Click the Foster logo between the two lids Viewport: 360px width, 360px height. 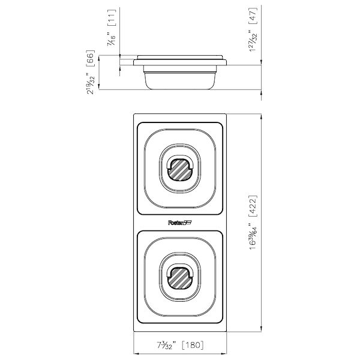pos(180,223)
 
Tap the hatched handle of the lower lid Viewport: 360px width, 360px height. pos(180,277)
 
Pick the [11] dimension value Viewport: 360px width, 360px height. pos(110,18)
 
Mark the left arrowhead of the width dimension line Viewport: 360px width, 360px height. pos(134,353)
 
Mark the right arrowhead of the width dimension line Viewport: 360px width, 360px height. pos(226,353)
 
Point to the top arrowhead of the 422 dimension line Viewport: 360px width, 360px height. pos(261,116)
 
